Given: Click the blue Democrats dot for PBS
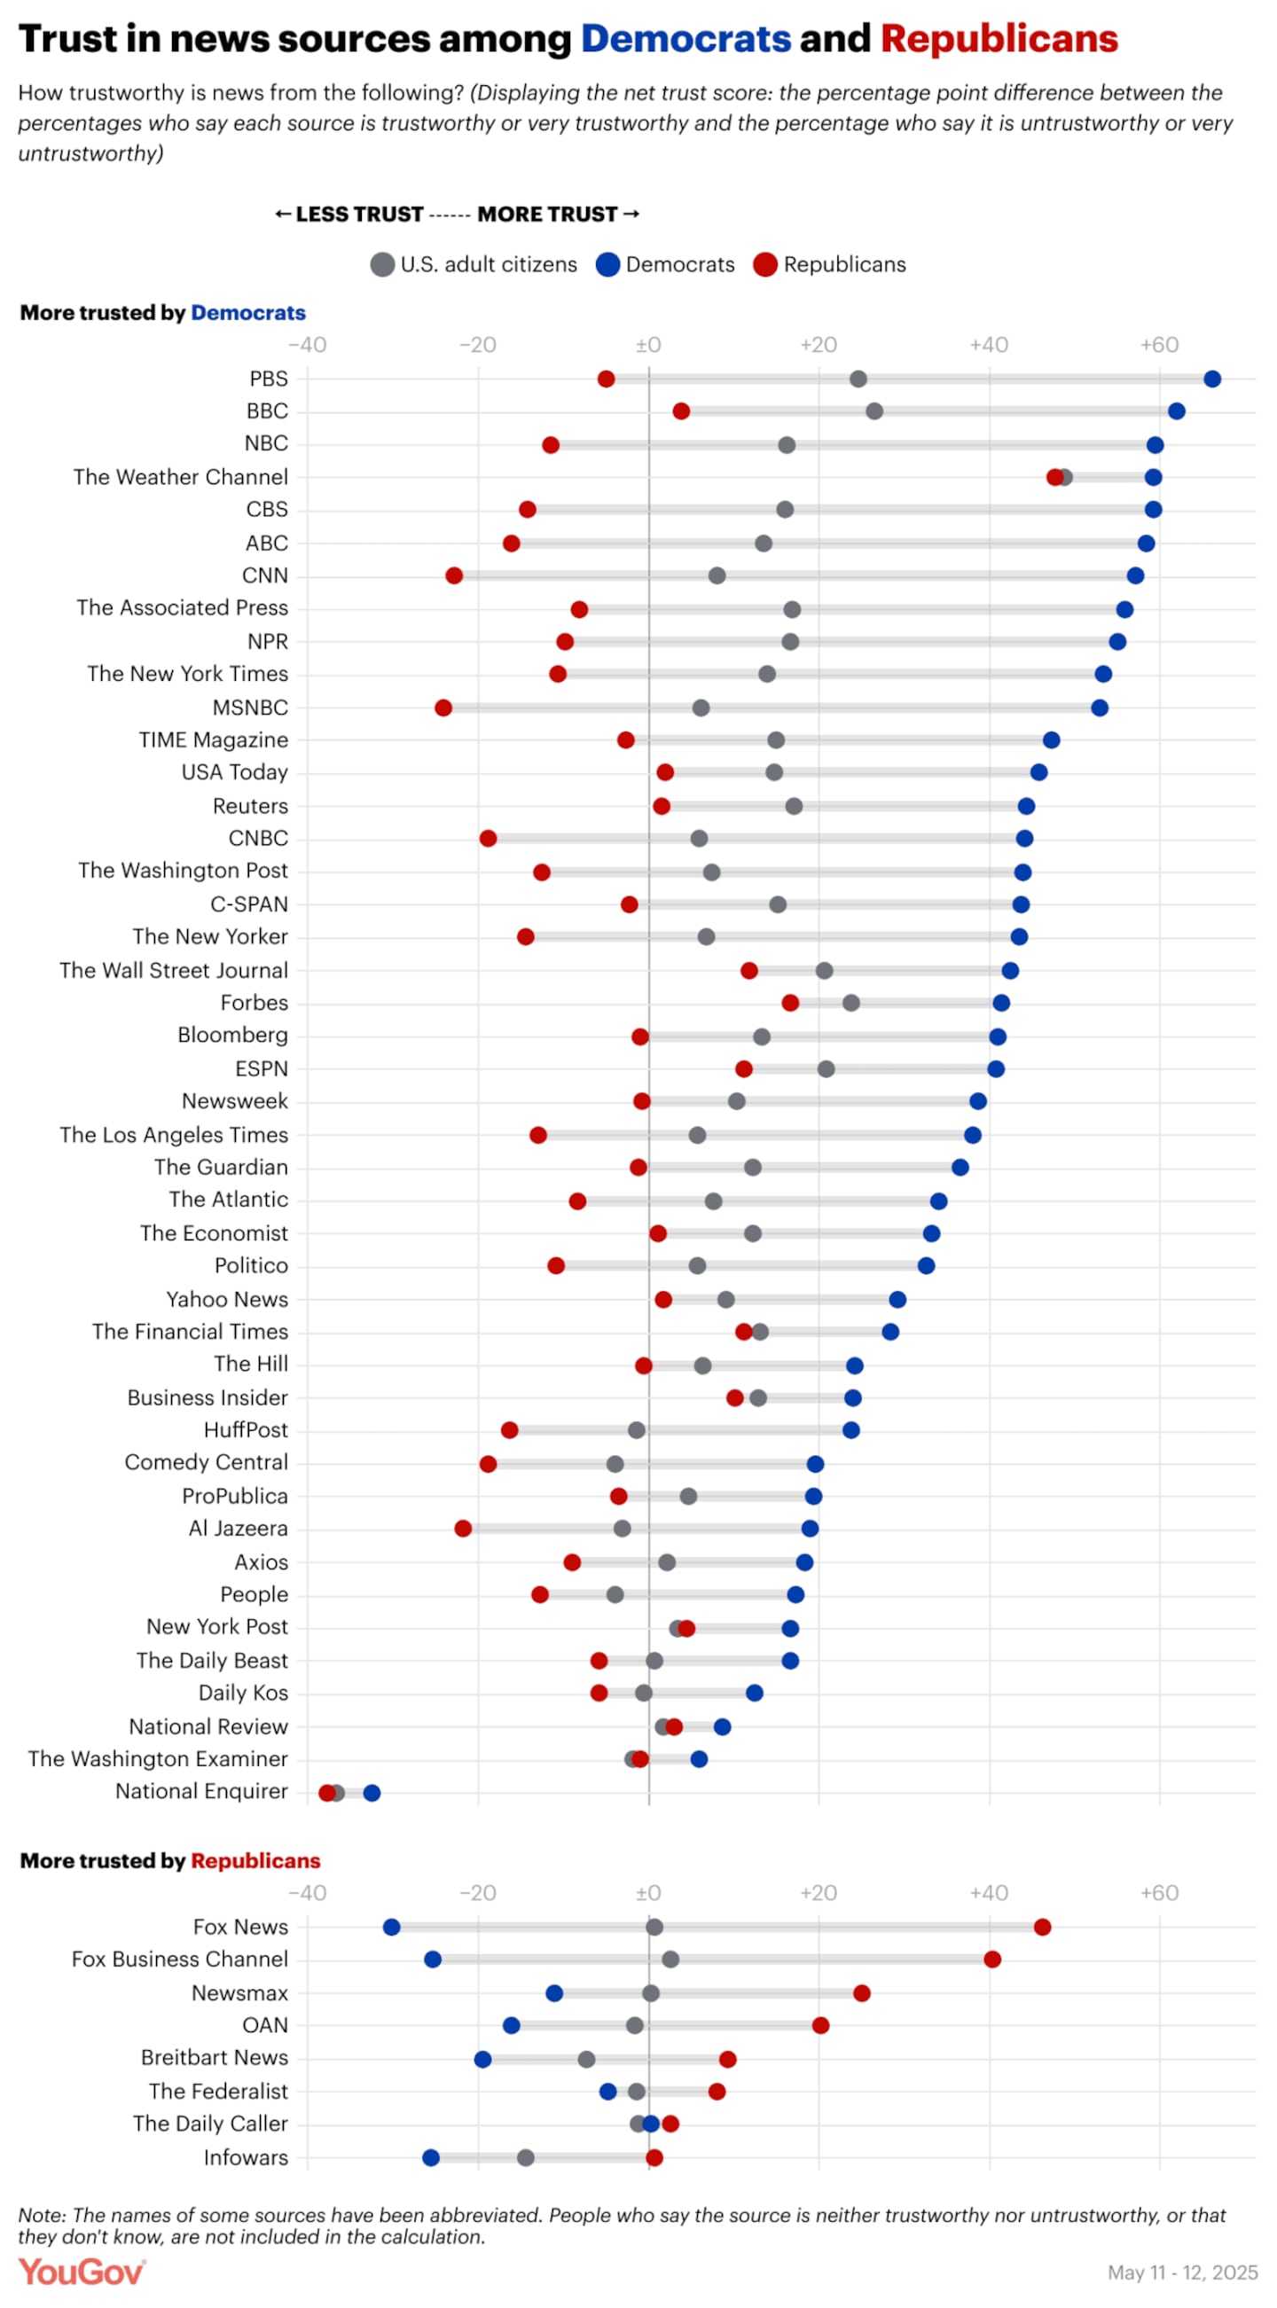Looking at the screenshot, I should click(x=1211, y=379).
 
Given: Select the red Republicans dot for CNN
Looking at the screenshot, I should click(x=454, y=575).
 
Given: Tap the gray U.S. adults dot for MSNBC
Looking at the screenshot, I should click(x=701, y=708).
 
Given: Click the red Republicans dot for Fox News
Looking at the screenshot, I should click(x=1042, y=1927).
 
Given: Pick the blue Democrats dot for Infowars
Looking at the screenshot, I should click(x=431, y=2156).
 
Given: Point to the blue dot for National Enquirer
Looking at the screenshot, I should click(x=372, y=1792).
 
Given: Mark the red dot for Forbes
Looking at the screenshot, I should click(x=790, y=1003).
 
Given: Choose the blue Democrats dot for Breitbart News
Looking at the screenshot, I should click(x=483, y=2059).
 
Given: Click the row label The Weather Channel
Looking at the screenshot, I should click(x=181, y=477).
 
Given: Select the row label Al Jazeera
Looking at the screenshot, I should click(x=239, y=1529).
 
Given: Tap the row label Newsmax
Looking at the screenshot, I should click(x=240, y=1992).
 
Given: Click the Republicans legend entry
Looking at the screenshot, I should click(x=830, y=264).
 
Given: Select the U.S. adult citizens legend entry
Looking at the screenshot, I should click(x=474, y=264).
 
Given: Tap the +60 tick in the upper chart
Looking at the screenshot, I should click(x=1159, y=345).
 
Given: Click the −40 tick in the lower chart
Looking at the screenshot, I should click(x=308, y=1893).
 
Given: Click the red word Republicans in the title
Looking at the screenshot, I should click(x=999, y=39).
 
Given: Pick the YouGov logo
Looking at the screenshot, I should click(x=82, y=2272).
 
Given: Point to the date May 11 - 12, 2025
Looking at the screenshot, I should click(x=1182, y=2273).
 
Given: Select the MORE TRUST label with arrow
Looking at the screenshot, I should click(x=558, y=215).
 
